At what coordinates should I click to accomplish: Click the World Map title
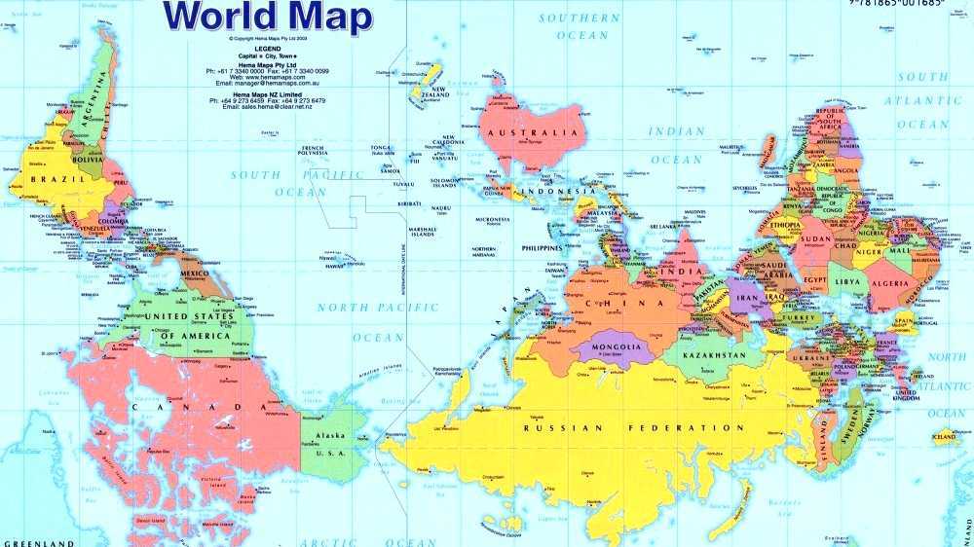(x=267, y=17)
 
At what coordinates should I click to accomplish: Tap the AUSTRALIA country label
(x=534, y=132)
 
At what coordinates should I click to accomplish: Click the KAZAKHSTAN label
(x=714, y=356)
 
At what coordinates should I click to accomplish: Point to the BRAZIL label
(x=53, y=179)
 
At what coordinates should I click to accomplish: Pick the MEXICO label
(x=195, y=273)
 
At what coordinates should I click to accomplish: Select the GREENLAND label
(x=38, y=542)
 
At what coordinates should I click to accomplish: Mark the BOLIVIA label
(x=88, y=159)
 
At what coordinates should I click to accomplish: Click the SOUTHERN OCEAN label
(x=581, y=26)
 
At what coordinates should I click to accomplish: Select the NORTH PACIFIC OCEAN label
(x=378, y=322)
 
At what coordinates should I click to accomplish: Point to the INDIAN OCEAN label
(x=675, y=145)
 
